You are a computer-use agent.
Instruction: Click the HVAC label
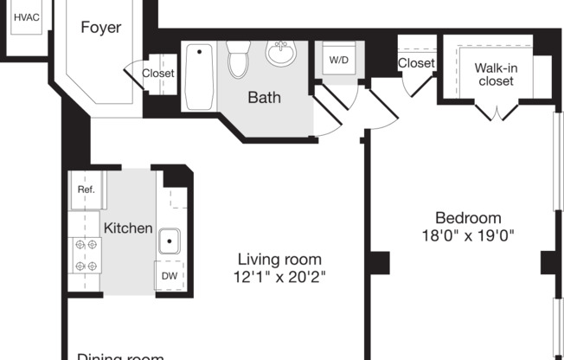[27, 16]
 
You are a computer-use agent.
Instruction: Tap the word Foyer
[101, 27]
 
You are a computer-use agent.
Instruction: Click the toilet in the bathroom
[238, 60]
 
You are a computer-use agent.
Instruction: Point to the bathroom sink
[280, 55]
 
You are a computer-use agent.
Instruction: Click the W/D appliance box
[337, 61]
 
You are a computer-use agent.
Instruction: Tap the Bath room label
[264, 97]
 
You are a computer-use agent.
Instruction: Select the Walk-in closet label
[494, 74]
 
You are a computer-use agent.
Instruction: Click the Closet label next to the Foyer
[158, 74]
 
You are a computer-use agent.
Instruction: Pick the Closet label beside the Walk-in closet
[416, 63]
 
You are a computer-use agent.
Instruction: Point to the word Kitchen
[128, 228]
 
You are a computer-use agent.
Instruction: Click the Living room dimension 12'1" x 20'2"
[279, 278]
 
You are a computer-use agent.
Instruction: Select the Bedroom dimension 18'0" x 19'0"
[467, 235]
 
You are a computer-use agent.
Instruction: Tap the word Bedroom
[467, 217]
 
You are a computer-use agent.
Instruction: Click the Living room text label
[279, 259]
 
